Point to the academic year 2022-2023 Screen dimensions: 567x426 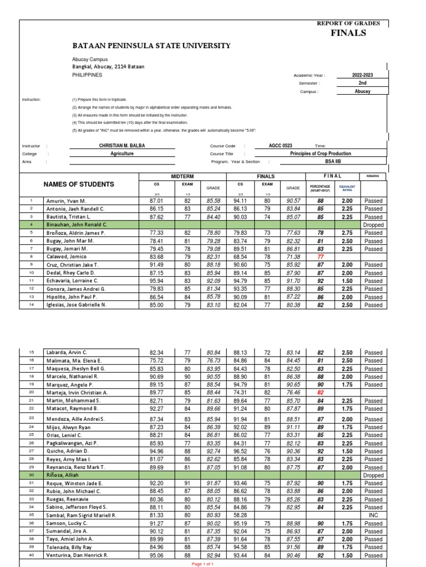[363, 75]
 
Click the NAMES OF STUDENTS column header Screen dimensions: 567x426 [79, 184]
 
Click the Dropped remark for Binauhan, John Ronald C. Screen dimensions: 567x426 [373, 225]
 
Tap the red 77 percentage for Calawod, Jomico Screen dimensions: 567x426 [320, 257]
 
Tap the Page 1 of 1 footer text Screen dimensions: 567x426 [203, 564]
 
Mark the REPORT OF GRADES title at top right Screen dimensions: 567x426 [348, 23]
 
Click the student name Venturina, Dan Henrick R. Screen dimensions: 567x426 [77, 555]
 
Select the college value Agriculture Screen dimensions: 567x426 [123, 154]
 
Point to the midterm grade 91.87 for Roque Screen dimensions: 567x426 [213, 483]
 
